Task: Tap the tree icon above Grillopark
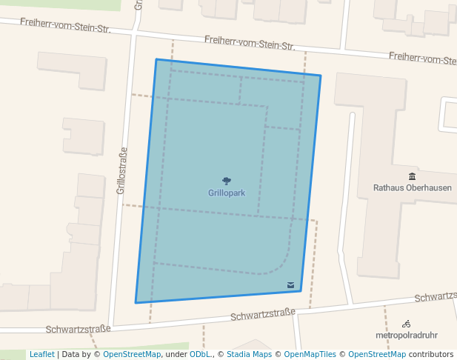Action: point(227,180)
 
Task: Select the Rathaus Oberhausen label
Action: point(412,187)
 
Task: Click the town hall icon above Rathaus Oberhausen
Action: point(412,176)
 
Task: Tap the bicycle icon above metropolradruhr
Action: point(406,324)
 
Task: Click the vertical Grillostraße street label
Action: point(122,170)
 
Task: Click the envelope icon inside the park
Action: point(290,284)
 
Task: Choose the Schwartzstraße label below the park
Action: point(263,314)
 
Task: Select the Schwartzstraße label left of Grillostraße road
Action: point(78,329)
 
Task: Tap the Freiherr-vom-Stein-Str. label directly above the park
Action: point(250,42)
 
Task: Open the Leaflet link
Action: point(41,354)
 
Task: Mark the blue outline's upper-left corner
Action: point(156,59)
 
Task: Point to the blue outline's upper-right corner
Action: point(321,76)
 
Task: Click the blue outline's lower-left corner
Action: point(136,302)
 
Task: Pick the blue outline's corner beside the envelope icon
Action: point(301,291)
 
